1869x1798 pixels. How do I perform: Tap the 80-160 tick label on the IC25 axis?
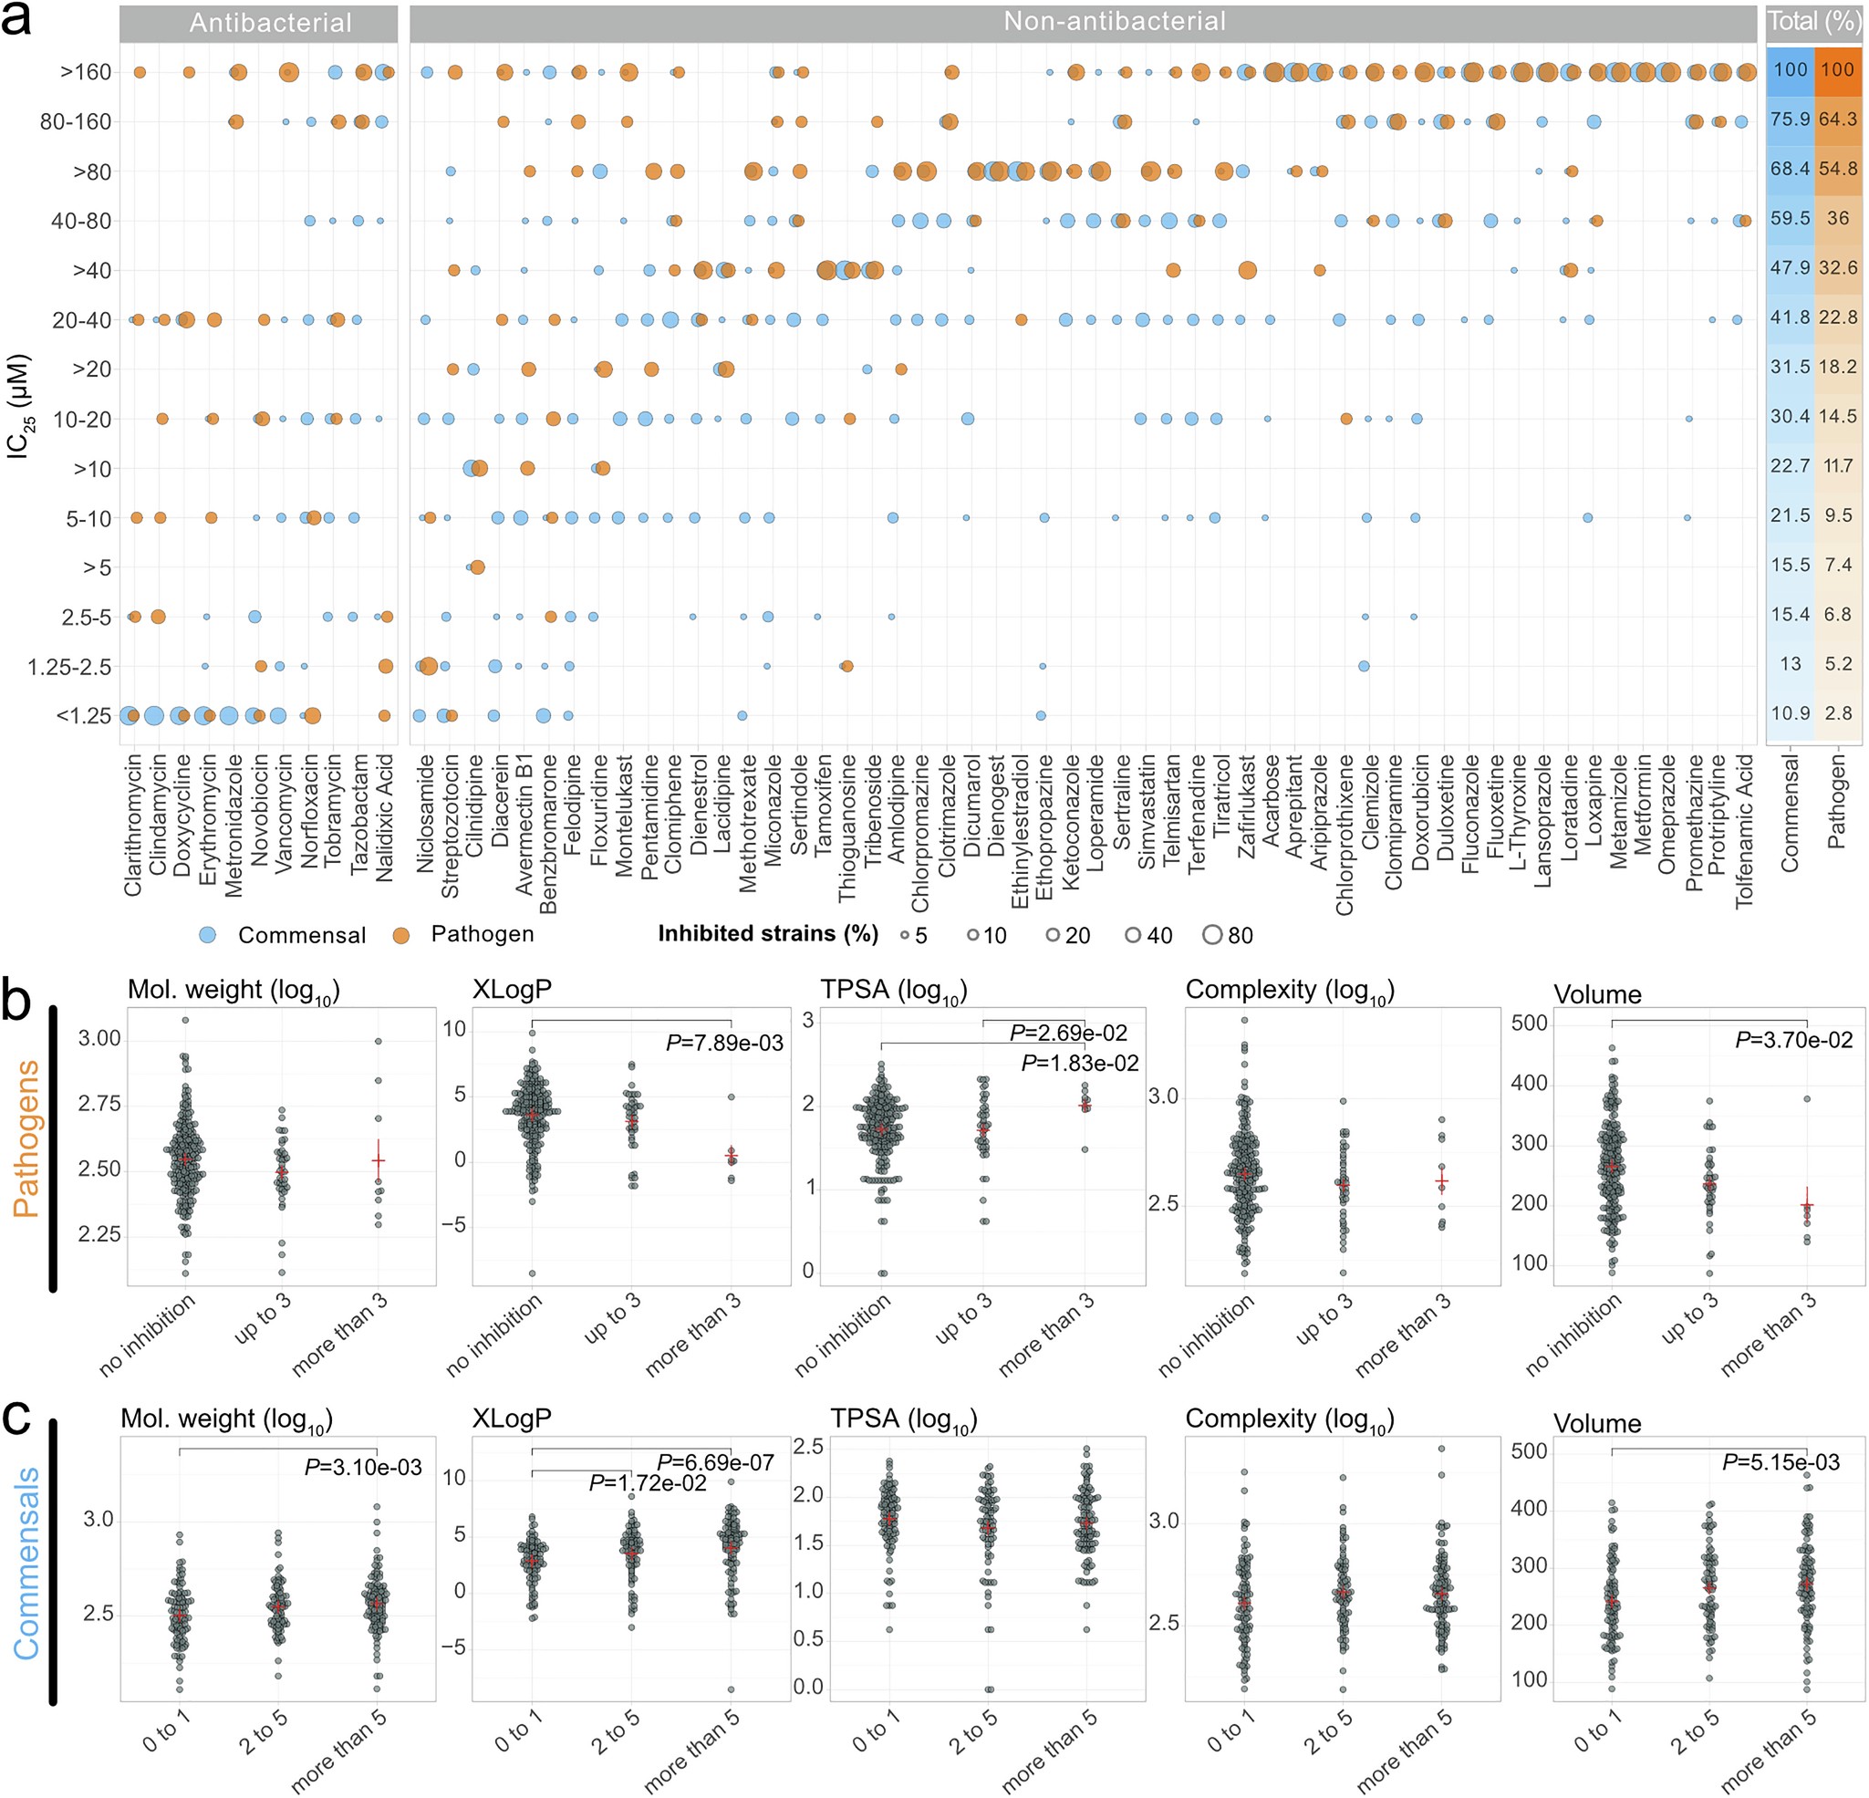76,122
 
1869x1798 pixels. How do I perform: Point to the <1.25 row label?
84,716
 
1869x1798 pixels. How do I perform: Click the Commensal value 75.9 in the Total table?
1790,120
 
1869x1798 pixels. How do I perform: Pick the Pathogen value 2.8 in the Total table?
1838,713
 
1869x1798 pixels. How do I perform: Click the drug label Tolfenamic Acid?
1744,830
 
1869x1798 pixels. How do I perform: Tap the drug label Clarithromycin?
132,825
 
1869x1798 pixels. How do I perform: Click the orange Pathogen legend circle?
401,935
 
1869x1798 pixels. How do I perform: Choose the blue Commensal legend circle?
207,935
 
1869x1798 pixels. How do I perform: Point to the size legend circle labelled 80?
1212,935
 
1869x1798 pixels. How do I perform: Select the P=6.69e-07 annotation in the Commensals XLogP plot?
714,1462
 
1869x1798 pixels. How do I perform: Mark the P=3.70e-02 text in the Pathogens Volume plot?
1793,1040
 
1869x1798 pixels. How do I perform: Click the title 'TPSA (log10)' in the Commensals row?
903,1419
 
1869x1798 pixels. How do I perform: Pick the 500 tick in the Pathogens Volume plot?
1530,1024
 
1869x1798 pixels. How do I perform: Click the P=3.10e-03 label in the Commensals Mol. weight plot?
362,1467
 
